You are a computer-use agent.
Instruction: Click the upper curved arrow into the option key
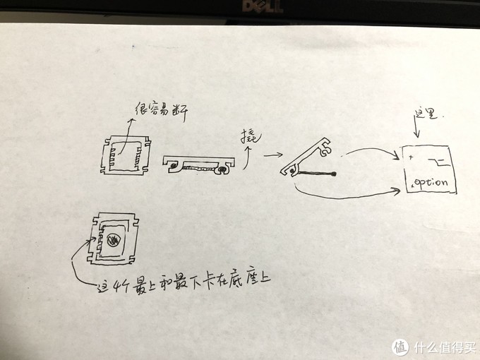click(x=371, y=150)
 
